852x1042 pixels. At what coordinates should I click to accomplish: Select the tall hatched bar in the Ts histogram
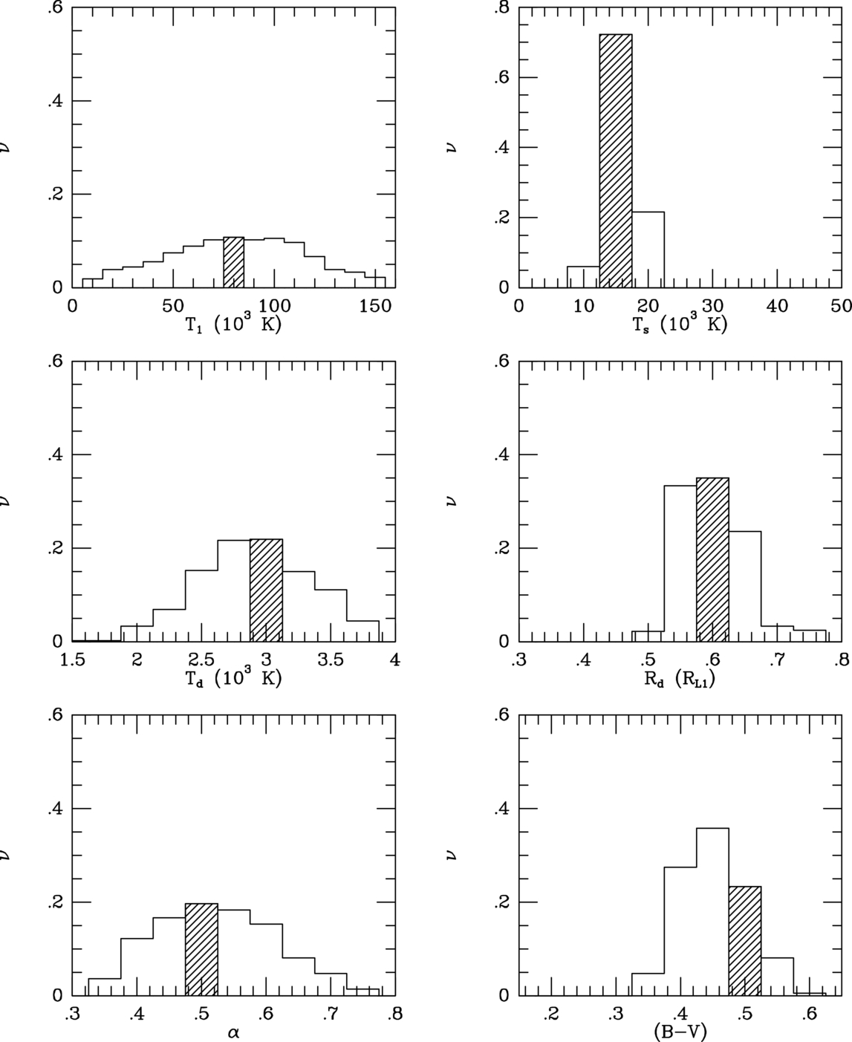click(616, 160)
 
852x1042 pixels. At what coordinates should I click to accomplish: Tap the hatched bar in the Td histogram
click(266, 590)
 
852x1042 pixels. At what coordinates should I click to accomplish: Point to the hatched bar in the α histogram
click(201, 949)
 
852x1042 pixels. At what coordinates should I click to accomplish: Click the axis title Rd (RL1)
click(680, 678)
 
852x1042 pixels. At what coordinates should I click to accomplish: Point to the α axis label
click(233, 1032)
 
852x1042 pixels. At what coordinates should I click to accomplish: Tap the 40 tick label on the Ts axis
click(777, 305)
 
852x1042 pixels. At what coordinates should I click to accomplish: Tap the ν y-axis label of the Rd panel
click(452, 501)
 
